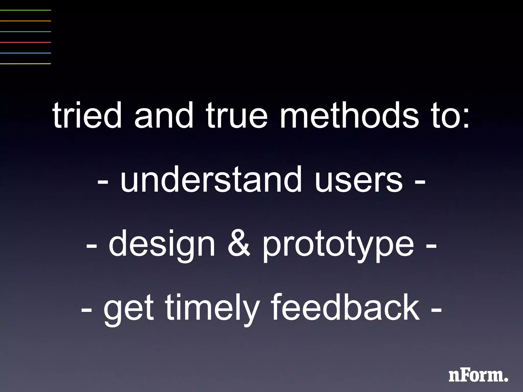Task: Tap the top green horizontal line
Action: pos(26,10)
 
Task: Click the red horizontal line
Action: pos(26,42)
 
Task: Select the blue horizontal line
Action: pos(26,53)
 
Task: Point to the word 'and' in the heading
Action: pos(164,115)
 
